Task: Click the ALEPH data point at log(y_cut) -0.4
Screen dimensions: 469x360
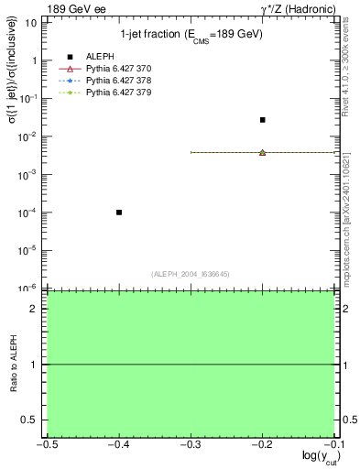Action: pyautogui.click(x=119, y=213)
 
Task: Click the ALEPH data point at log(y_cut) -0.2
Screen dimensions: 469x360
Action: pyautogui.click(x=263, y=120)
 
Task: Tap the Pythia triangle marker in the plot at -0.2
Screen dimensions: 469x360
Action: pyautogui.click(x=263, y=152)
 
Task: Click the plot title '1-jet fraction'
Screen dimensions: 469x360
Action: pyautogui.click(x=191, y=35)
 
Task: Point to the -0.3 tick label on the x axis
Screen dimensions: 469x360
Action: pyautogui.click(x=191, y=442)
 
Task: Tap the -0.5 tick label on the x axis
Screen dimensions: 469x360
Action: pyautogui.click(x=47, y=442)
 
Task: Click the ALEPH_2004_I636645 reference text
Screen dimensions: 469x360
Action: pyautogui.click(x=191, y=273)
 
